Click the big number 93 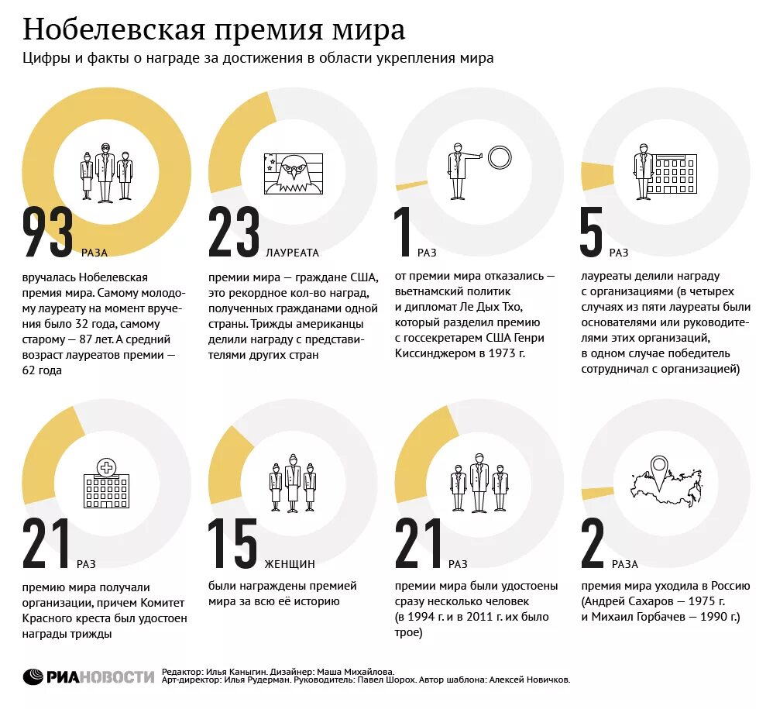click(48, 232)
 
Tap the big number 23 click(234, 232)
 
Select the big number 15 click(232, 543)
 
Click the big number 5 click(591, 232)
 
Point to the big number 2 click(593, 543)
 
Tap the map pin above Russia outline click(660, 467)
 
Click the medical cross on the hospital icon click(106, 467)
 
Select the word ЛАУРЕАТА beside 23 click(292, 253)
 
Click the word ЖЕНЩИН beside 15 click(290, 564)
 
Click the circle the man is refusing click(500, 157)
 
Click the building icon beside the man click(672, 174)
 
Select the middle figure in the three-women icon click(293, 481)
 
